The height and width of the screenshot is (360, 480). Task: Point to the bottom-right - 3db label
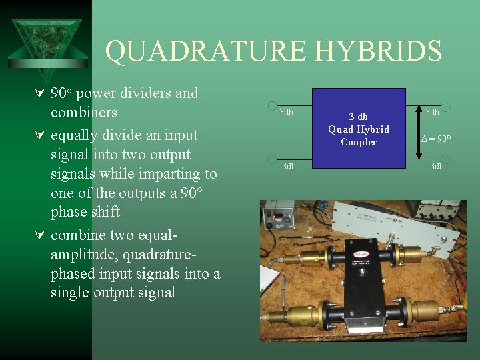[431, 166]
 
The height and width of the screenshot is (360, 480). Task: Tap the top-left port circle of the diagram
[272, 106]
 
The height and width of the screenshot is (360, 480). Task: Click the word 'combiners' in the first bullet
[84, 112]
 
